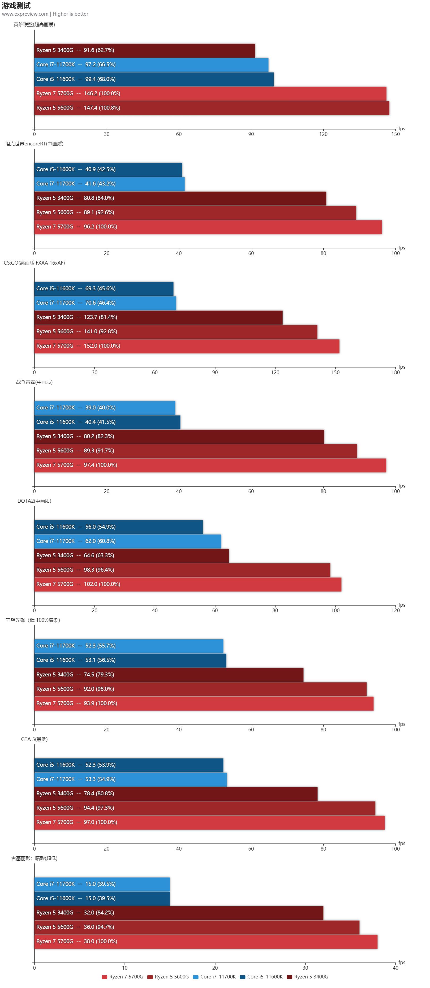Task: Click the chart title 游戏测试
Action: pos(16,5)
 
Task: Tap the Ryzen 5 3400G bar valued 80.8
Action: pos(180,198)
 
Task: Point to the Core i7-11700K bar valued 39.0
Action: pos(105,408)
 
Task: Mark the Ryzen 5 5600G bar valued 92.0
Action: pos(200,689)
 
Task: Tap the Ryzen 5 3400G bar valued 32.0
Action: pos(178,912)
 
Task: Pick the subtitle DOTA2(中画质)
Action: pos(34,501)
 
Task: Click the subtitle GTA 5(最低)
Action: pos(34,739)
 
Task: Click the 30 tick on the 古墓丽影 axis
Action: pos(305,968)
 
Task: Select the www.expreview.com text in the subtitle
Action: pos(25,14)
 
